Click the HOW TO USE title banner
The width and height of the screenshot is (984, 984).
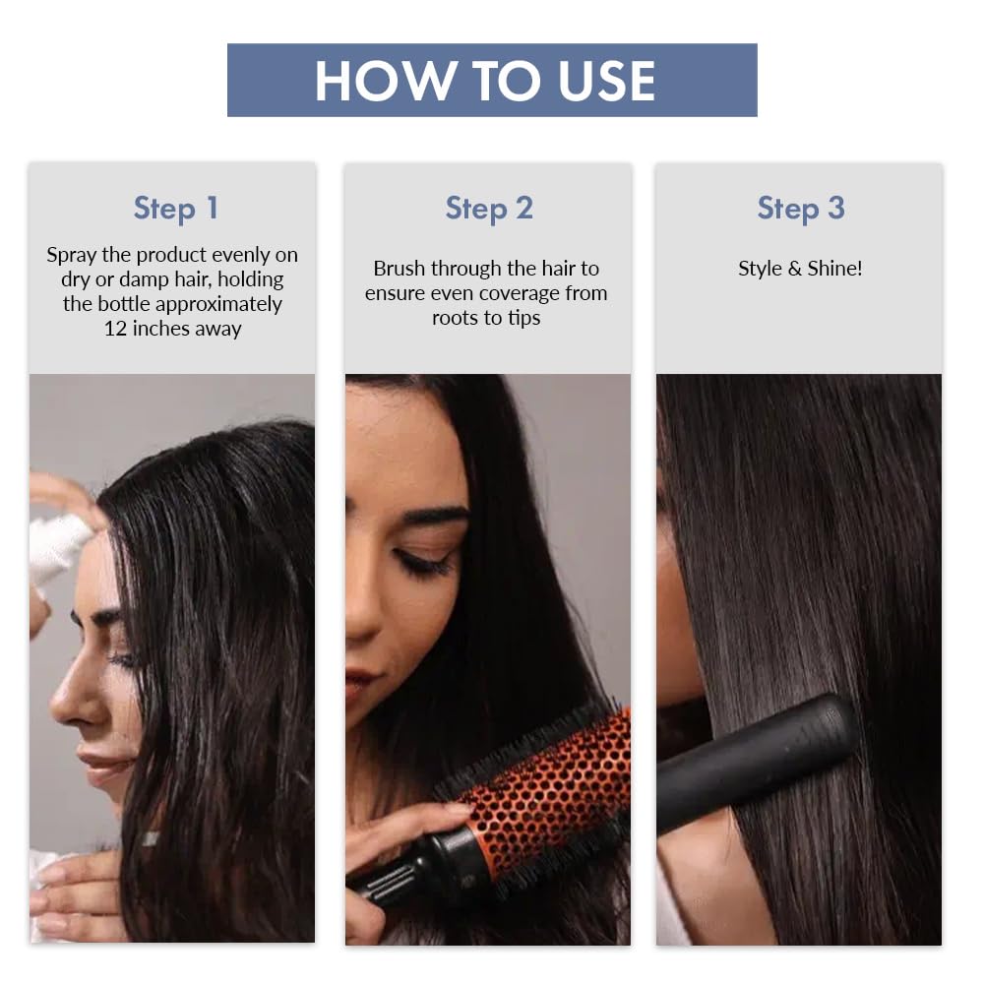click(492, 81)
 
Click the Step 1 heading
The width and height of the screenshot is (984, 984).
click(175, 209)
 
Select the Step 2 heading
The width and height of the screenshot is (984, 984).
click(489, 209)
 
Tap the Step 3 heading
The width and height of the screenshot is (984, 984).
click(800, 209)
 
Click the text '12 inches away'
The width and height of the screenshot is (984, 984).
click(172, 329)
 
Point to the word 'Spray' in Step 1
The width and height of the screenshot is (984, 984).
click(72, 255)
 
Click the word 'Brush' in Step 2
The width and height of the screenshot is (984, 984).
click(399, 269)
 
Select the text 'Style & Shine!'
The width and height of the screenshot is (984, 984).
click(800, 269)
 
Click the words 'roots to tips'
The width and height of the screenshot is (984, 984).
click(486, 318)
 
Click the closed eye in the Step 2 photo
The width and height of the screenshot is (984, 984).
click(426, 563)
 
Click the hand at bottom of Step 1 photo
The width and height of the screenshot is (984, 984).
click(74, 886)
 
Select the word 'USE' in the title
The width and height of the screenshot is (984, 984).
click(606, 81)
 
